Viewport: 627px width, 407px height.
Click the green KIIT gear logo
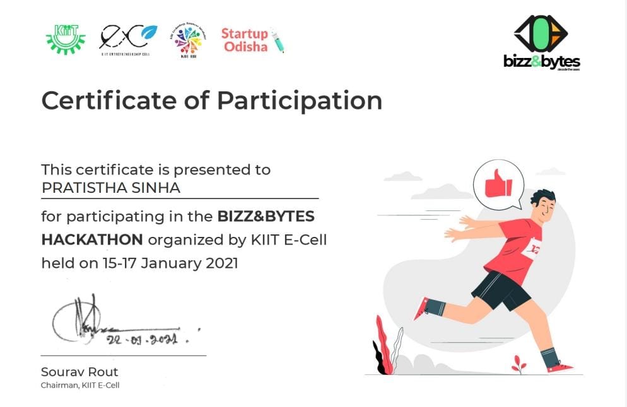(x=66, y=38)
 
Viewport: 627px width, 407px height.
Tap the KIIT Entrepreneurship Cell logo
(x=128, y=39)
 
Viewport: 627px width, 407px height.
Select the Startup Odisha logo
(x=252, y=40)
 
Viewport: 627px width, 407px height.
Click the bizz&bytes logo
(x=541, y=42)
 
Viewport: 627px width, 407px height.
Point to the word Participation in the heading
(x=300, y=101)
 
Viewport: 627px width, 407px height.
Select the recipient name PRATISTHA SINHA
(x=110, y=188)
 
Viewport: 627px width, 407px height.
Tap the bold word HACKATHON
(x=92, y=239)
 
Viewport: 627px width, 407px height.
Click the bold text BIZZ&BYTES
(x=266, y=217)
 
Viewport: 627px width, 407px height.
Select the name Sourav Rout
(x=79, y=372)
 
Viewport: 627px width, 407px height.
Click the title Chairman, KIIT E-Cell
(x=80, y=385)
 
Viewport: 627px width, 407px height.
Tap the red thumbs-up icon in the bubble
(x=498, y=184)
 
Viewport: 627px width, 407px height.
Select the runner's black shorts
(x=502, y=290)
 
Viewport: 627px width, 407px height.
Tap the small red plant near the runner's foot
(x=519, y=364)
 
